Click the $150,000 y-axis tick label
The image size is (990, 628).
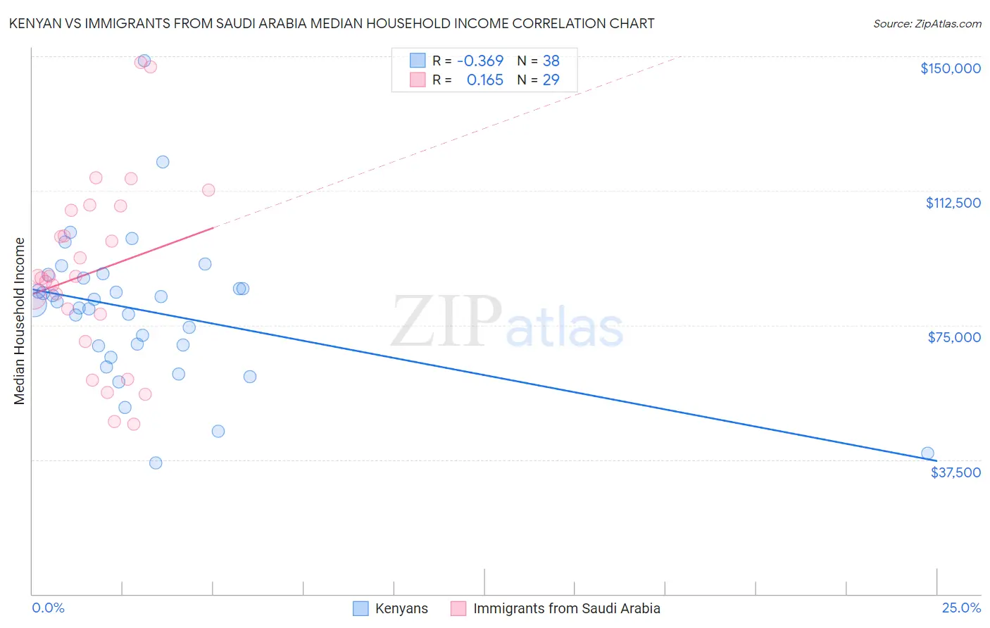[950, 68]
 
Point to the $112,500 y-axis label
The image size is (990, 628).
[953, 203]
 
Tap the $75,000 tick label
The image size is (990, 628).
[954, 337]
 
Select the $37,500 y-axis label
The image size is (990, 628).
[955, 472]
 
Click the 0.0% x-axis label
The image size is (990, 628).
[48, 608]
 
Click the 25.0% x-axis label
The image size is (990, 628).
[961, 608]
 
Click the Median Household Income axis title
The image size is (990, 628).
[20, 321]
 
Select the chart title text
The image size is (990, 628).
[332, 24]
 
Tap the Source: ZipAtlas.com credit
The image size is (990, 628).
[927, 24]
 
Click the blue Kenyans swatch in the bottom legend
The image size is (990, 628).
[361, 608]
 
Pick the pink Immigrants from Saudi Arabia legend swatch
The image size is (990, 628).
[458, 608]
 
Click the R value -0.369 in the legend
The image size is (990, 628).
[480, 61]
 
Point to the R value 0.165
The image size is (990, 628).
[485, 80]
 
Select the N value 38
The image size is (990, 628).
[551, 61]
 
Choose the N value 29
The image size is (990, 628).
[551, 80]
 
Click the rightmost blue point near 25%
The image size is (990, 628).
[927, 453]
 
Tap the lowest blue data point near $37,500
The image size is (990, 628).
[156, 463]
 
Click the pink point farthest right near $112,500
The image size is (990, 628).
[208, 190]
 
